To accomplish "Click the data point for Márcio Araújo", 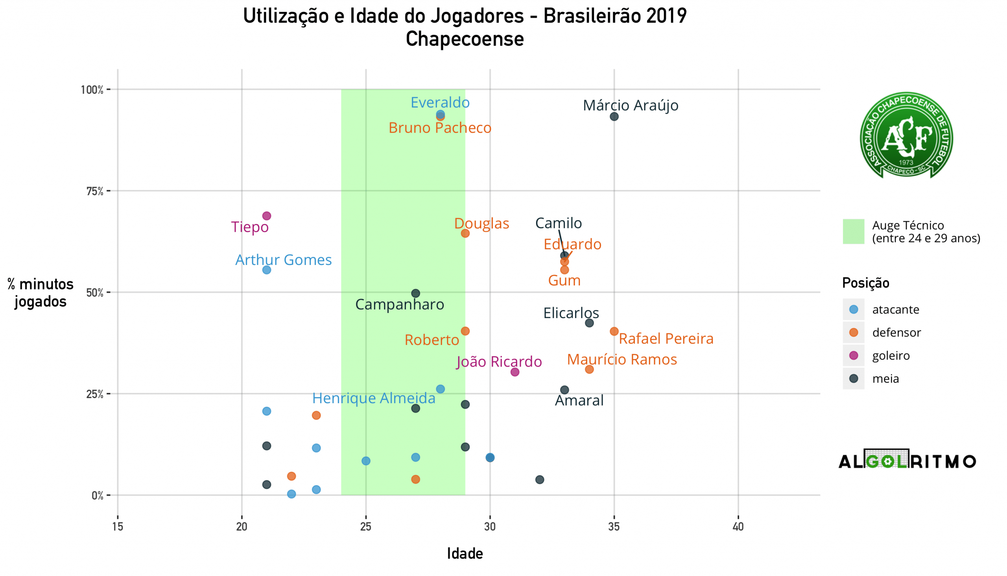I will coord(614,117).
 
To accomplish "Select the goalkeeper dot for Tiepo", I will coord(267,216).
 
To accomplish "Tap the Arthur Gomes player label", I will coord(283,260).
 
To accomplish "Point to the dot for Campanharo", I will coord(415,294).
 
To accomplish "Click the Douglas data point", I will coord(465,233).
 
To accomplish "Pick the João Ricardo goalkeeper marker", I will coord(515,372).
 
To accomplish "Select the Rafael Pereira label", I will coord(666,339).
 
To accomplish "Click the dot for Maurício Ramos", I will coord(589,369).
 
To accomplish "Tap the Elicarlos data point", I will coord(589,323).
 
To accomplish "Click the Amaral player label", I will coord(579,401).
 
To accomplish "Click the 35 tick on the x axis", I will coord(614,527).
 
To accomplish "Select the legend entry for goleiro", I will coord(891,356).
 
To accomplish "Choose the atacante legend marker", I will coord(854,309).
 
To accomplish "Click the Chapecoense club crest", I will coord(906,136).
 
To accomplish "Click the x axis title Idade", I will coord(465,554).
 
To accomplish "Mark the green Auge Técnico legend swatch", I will coord(854,232).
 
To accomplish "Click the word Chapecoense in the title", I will coord(465,39).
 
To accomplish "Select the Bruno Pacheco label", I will coord(440,128).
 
